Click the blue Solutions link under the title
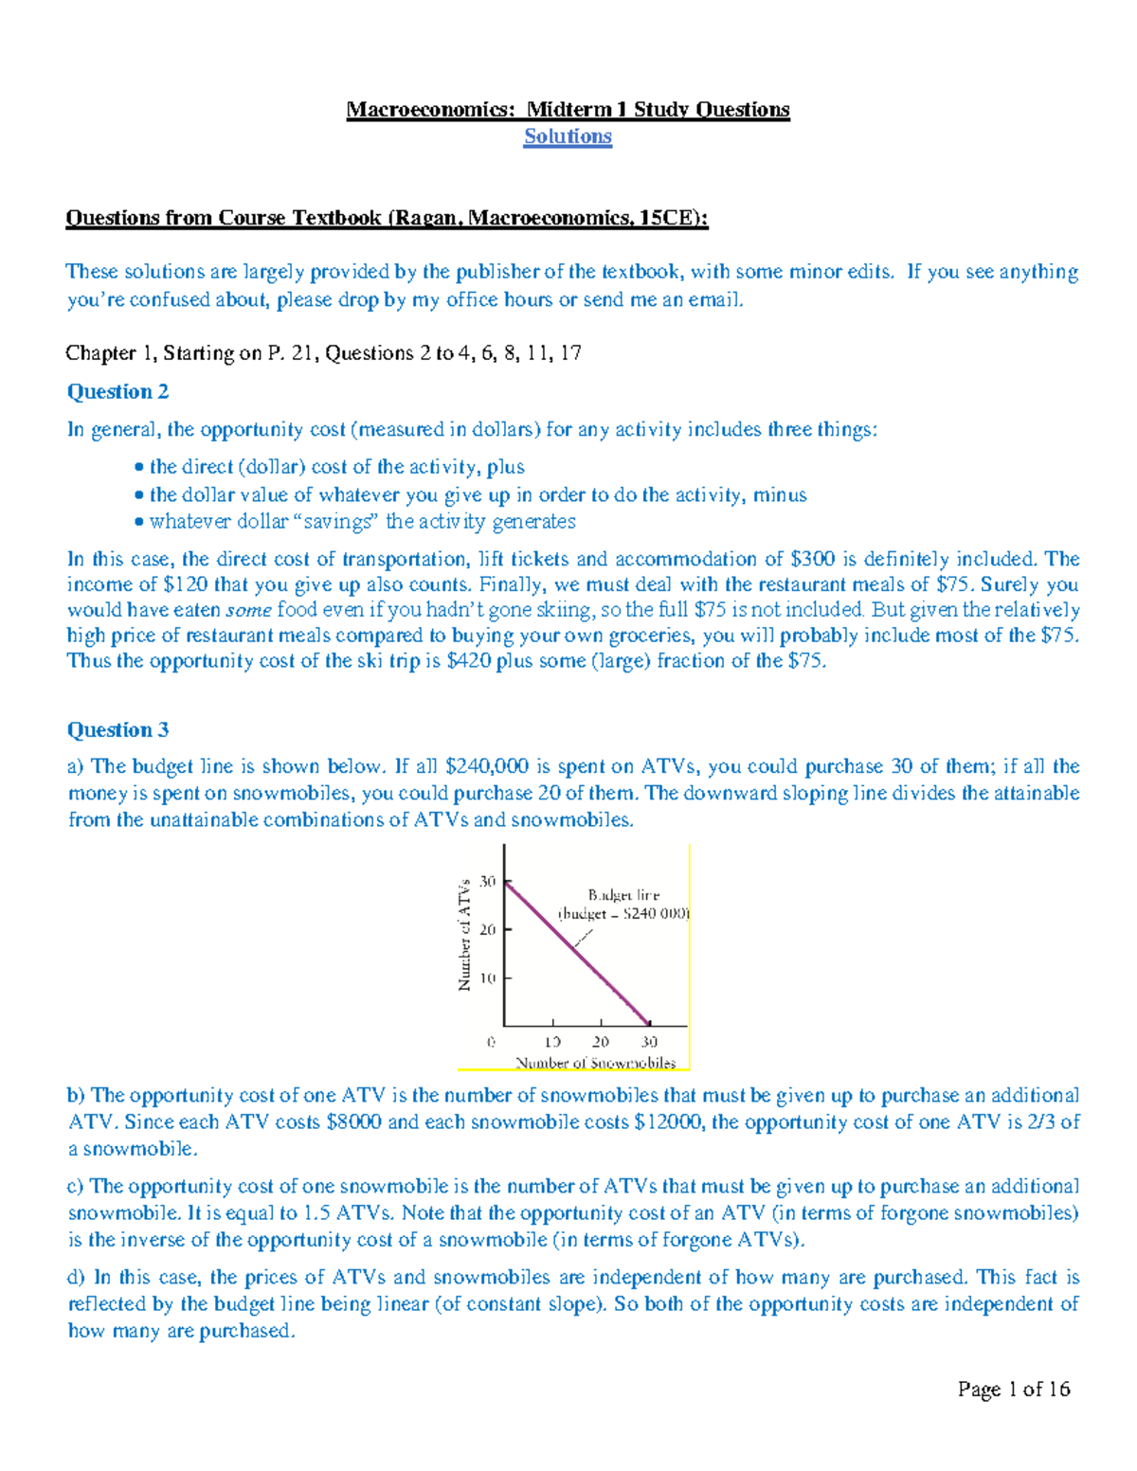click(568, 136)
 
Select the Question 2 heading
click(117, 391)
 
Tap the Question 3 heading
click(117, 729)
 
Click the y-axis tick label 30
click(487, 882)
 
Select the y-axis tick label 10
click(487, 978)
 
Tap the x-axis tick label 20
click(601, 1042)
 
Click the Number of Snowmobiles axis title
click(595, 1063)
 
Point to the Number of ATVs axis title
click(464, 935)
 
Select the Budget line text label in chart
click(623, 895)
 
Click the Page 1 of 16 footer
click(1013, 1390)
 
